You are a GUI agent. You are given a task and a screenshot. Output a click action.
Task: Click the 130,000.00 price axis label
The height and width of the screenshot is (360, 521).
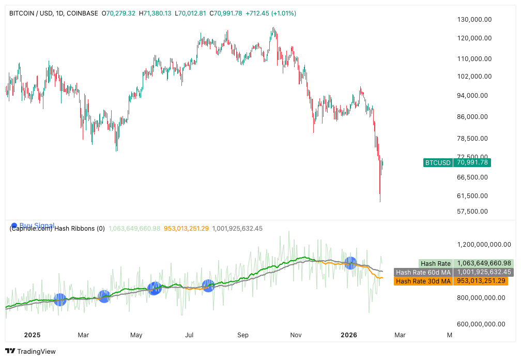474,20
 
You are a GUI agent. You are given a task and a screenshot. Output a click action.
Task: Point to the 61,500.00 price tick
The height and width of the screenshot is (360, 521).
474,196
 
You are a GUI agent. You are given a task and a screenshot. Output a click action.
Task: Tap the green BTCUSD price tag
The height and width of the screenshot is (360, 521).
438,162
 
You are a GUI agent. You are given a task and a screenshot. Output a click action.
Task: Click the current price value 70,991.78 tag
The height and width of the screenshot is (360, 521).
471,162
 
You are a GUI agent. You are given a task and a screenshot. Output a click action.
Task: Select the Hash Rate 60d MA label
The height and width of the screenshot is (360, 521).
422,272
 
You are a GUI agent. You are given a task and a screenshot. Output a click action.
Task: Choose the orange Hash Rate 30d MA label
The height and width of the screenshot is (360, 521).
422,281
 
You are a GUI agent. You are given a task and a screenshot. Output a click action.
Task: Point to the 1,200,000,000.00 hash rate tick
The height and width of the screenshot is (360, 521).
482,244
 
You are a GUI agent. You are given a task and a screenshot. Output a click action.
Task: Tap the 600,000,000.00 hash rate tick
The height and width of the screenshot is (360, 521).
482,324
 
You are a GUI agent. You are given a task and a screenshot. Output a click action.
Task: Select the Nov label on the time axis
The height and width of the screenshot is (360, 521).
296,335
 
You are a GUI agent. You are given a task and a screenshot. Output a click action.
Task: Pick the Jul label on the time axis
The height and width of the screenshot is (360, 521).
190,335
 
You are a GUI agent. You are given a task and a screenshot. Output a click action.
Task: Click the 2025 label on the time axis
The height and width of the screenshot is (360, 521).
32,335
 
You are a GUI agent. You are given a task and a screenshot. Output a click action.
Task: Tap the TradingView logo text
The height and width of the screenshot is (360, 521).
36,352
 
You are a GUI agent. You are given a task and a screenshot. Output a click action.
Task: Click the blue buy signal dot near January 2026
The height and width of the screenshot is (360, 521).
351,263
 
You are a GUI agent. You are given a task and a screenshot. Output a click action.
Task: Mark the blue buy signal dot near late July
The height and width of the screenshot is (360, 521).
208,286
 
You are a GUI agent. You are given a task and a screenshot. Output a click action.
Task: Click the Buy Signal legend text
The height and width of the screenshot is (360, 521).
37,226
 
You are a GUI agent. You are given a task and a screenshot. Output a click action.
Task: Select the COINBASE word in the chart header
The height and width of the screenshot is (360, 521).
82,13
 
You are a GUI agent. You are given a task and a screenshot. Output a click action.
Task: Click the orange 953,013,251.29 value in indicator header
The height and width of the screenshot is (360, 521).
186,228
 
